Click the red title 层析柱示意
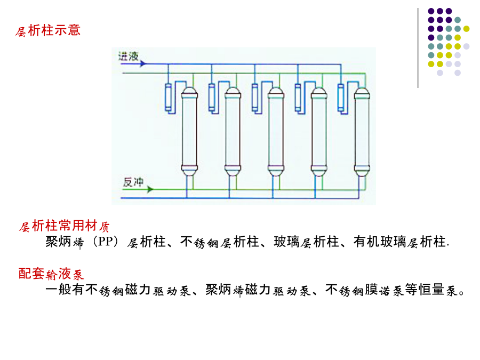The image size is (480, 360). point(48,30)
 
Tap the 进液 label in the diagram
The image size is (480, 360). point(129,57)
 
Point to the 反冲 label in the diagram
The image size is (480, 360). point(133,182)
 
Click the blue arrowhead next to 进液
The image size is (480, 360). point(143,63)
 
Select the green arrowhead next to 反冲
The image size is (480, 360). point(150,189)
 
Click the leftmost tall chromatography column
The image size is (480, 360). point(189,132)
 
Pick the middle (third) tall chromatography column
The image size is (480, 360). point(276,132)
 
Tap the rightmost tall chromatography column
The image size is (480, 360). point(362,132)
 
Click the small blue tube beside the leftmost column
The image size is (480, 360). point(168,97)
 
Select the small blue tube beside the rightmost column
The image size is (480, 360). point(341,97)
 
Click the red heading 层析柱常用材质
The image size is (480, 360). point(64,226)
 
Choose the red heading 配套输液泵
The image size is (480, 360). point(51,274)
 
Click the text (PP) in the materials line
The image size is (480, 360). point(106,242)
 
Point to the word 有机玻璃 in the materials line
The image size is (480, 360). point(380,242)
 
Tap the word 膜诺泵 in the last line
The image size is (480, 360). point(385,290)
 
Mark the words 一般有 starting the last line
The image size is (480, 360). point(65,290)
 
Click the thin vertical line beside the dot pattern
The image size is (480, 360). point(418,48)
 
